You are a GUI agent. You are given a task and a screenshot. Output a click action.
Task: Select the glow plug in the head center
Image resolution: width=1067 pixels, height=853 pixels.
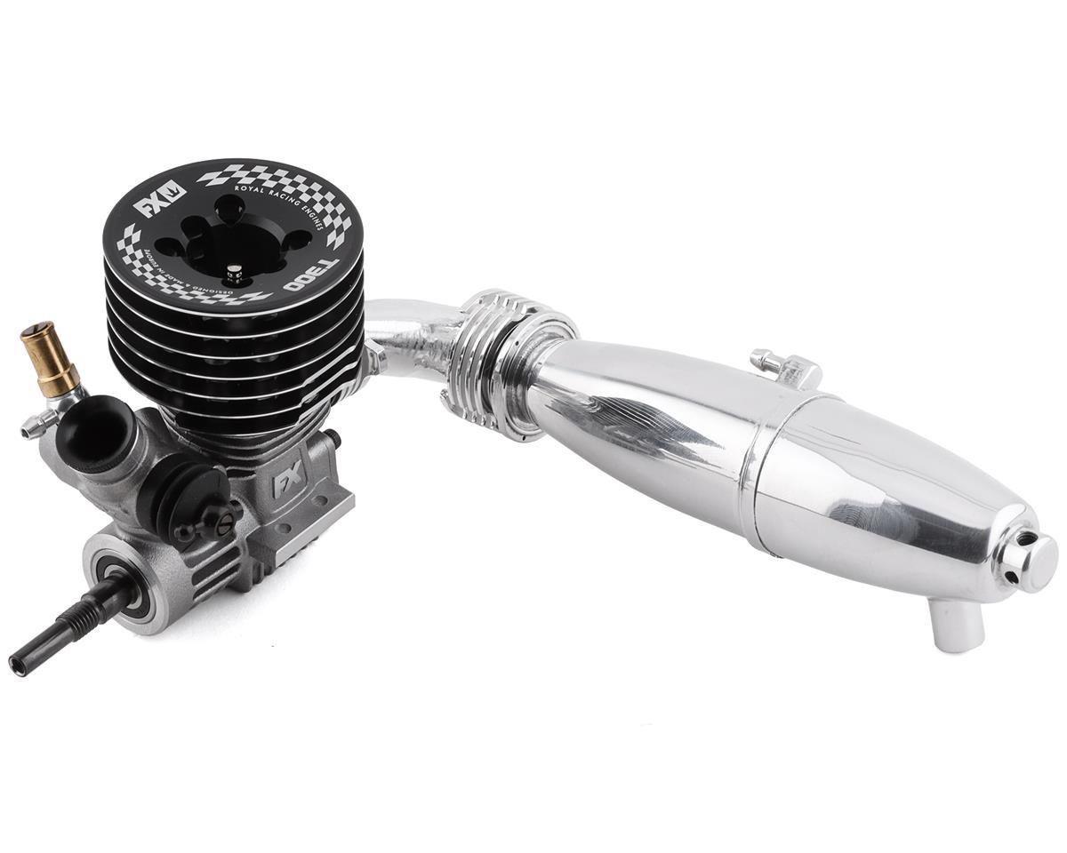click(233, 270)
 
